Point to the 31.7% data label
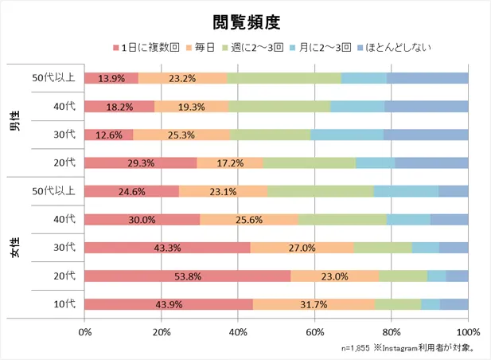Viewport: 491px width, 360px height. pyautogui.click(x=314, y=304)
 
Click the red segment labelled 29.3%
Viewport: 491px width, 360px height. pyautogui.click(x=140, y=162)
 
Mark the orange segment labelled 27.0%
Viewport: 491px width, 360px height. pyautogui.click(x=302, y=248)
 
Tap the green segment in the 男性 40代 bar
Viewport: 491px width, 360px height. pyautogui.click(x=279, y=106)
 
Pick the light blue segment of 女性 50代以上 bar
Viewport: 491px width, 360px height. pyautogui.click(x=406, y=191)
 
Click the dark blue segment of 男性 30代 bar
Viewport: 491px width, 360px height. pyautogui.click(x=426, y=135)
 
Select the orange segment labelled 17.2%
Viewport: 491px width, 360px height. pyautogui.click(x=230, y=162)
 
